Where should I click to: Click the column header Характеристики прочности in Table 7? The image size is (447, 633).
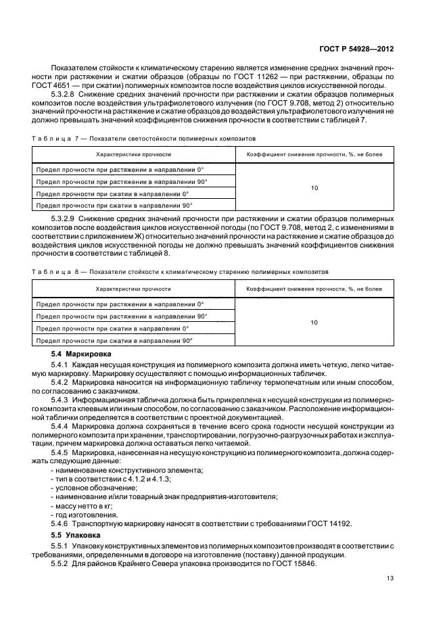(133, 154)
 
